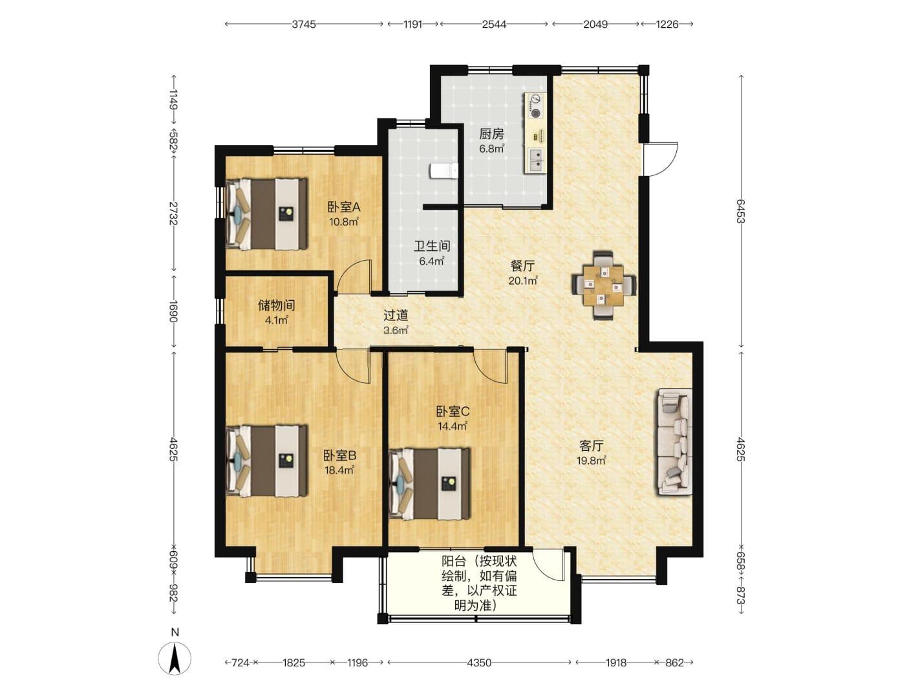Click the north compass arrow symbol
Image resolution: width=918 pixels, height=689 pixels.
[x=175, y=658]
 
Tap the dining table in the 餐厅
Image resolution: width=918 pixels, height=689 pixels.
[x=604, y=286]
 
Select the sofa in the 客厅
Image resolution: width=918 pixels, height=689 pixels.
[x=674, y=442]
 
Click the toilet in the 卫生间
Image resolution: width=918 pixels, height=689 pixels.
[x=443, y=171]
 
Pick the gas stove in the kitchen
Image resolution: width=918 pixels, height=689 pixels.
[x=535, y=105]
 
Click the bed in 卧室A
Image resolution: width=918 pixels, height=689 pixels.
[x=266, y=215]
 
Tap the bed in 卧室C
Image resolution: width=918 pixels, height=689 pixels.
[x=429, y=484]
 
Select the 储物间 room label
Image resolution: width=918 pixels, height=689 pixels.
[x=277, y=305]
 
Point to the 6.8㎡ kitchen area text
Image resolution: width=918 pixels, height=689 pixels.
[x=491, y=149]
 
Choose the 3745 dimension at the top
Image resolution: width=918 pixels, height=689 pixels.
[x=304, y=25]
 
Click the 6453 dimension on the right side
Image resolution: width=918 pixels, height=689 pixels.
[x=741, y=212]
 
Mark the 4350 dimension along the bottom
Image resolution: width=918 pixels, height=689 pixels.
[x=479, y=662]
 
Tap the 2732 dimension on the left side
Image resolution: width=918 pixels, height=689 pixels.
[x=173, y=213]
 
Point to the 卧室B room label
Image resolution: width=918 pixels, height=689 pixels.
[x=339, y=455]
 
